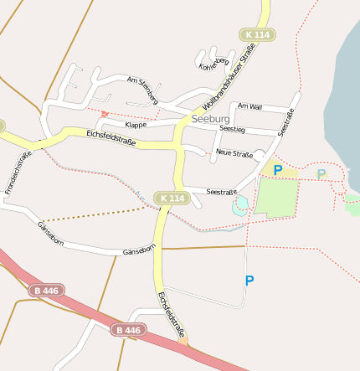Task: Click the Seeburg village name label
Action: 210,119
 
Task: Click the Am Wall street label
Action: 249,107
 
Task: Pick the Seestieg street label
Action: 232,130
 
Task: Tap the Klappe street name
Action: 136,124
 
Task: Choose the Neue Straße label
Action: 234,153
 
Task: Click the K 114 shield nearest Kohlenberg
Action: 259,34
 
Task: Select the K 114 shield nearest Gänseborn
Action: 171,198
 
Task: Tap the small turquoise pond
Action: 241,204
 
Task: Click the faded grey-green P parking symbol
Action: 321,174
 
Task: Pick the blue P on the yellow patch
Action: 278,170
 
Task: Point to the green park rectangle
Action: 276,197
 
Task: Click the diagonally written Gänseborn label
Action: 51,233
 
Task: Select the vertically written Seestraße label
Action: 285,124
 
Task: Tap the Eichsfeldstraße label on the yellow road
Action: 111,137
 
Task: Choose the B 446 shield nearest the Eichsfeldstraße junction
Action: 127,330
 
